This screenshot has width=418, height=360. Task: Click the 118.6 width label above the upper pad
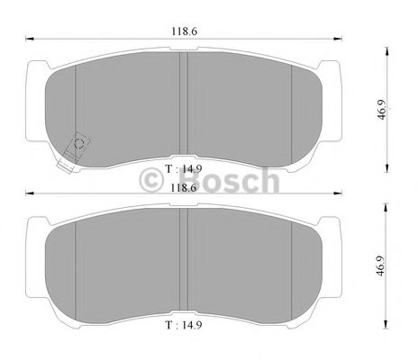[x=185, y=31]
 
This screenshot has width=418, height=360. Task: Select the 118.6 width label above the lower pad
[x=185, y=189]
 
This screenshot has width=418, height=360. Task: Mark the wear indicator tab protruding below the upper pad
[x=66, y=162]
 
